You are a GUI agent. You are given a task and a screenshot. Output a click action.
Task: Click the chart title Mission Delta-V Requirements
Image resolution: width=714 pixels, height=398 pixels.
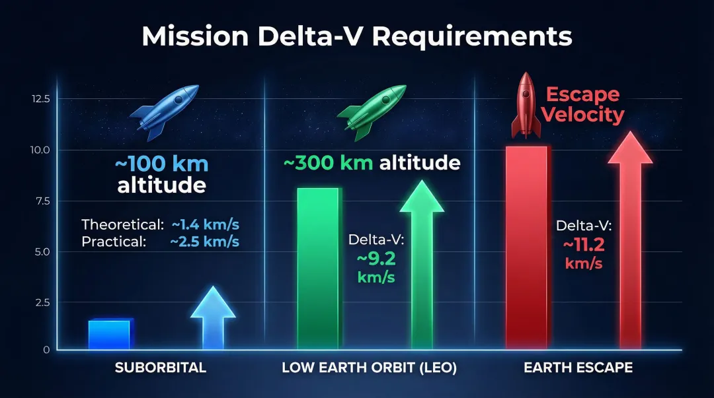(x=357, y=36)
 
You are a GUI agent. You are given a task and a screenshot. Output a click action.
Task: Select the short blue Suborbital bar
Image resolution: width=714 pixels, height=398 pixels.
(x=110, y=335)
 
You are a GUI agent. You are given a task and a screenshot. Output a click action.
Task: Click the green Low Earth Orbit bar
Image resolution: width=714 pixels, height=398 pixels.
(x=318, y=268)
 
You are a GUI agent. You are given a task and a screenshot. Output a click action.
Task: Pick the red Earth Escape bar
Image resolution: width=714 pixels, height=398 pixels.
(x=526, y=248)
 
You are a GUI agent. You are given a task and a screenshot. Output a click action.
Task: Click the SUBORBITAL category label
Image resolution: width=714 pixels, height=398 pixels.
(x=161, y=368)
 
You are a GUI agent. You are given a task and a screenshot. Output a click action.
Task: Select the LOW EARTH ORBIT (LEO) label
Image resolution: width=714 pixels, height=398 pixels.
(x=369, y=368)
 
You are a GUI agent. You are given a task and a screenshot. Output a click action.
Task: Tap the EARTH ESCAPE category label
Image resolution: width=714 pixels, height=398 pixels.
(x=578, y=368)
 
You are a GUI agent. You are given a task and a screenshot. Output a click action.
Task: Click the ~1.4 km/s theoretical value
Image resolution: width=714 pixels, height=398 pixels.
(x=205, y=224)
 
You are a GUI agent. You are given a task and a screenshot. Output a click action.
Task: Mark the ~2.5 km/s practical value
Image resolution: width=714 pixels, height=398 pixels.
(x=204, y=242)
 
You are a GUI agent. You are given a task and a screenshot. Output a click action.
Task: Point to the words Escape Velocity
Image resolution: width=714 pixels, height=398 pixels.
(x=582, y=105)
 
